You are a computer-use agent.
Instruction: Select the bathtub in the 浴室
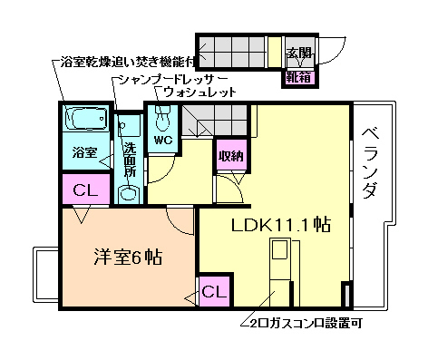tap(86, 120)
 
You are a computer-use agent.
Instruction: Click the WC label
tap(164, 141)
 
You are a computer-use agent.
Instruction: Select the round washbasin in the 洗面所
tap(128, 192)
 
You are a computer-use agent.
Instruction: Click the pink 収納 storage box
tap(229, 156)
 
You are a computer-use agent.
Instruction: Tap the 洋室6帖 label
tap(128, 257)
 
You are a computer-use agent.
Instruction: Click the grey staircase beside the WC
tap(205, 119)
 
